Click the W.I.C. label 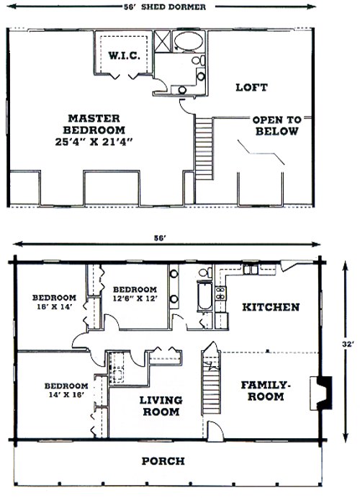pyautogui.click(x=124, y=56)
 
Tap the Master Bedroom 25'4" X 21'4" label pyautogui.click(x=94, y=130)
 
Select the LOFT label pyautogui.click(x=251, y=87)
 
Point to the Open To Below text pyautogui.click(x=276, y=125)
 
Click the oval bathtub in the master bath pyautogui.click(x=189, y=41)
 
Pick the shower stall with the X pyautogui.click(x=162, y=41)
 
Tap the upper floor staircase pyautogui.click(x=203, y=149)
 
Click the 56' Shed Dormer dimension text pyautogui.click(x=164, y=7)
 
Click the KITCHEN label pyautogui.click(x=271, y=307)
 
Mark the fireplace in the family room pyautogui.click(x=321, y=393)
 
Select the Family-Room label pyautogui.click(x=266, y=391)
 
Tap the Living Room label pyautogui.click(x=161, y=406)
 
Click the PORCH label pyautogui.click(x=163, y=461)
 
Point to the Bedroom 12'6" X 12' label pyautogui.click(x=135, y=294)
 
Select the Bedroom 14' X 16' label pyautogui.click(x=66, y=390)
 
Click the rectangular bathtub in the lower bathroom pyautogui.click(x=204, y=296)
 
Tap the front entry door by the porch pyautogui.click(x=215, y=431)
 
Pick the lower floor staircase pyautogui.click(x=211, y=382)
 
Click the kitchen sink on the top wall pyautogui.click(x=251, y=270)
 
